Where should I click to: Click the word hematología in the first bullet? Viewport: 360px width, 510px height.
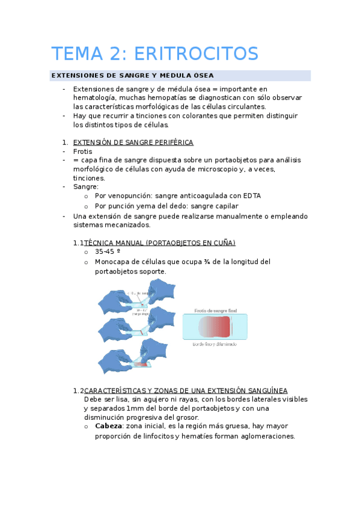point(96,97)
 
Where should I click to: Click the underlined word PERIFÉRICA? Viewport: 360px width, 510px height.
point(170,143)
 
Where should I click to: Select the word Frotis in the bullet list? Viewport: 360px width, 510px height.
point(82,152)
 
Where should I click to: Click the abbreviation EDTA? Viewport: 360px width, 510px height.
point(251,195)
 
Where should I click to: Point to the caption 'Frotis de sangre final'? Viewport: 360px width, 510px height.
point(216,310)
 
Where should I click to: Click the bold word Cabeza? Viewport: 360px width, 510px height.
point(109,426)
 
